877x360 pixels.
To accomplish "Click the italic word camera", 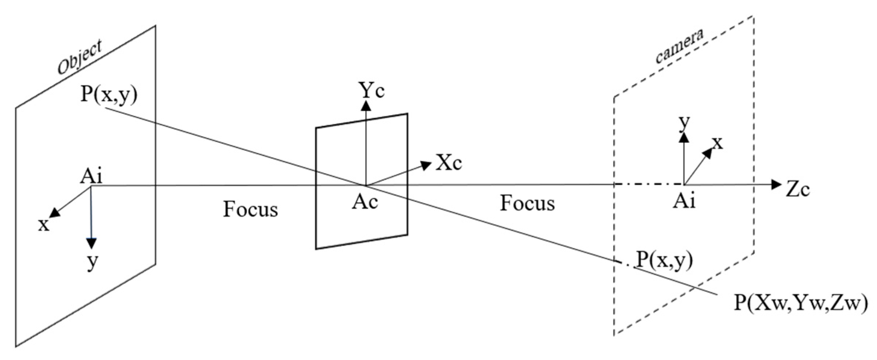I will pyautogui.click(x=679, y=46).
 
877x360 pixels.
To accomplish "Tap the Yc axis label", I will pyautogui.click(x=371, y=90).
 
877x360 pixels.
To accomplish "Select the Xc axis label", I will pyautogui.click(x=449, y=163).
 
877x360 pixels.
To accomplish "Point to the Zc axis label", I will pyautogui.click(x=798, y=190).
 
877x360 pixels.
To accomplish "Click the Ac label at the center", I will pyautogui.click(x=365, y=202).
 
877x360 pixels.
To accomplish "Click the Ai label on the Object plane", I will pyautogui.click(x=91, y=177).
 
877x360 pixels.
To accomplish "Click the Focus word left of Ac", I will pyautogui.click(x=250, y=210).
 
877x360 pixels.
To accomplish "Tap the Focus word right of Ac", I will pyautogui.click(x=527, y=203).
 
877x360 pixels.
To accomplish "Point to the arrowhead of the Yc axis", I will pyautogui.click(x=366, y=105).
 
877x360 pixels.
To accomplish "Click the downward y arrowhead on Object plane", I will pyautogui.click(x=91, y=243).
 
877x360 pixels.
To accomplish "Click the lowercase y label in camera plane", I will pyautogui.click(x=684, y=123).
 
